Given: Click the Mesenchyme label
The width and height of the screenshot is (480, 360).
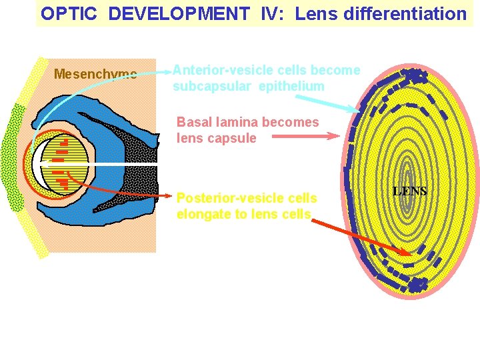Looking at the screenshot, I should tap(95, 73).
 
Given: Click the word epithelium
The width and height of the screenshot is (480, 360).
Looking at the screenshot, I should tap(291, 86).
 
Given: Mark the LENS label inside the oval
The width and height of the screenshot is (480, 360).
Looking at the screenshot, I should tap(410, 191).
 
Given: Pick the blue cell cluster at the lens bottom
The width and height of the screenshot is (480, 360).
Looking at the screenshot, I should tap(417, 285).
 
